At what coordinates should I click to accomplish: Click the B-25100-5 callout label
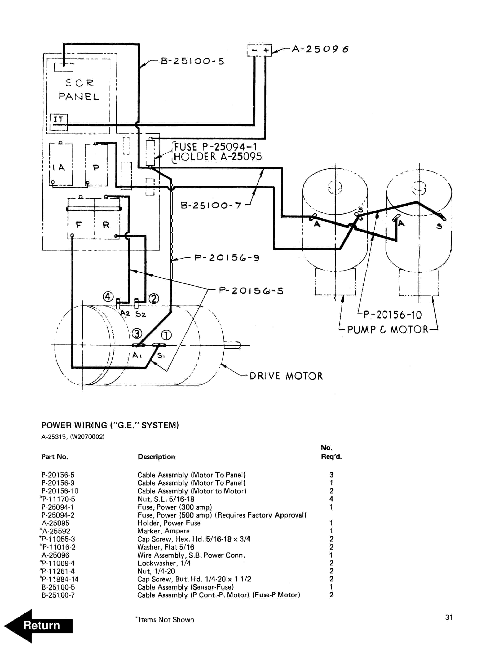(x=192, y=61)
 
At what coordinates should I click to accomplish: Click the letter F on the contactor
(x=79, y=225)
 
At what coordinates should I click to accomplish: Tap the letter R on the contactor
(x=106, y=225)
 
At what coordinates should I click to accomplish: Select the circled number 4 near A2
(x=108, y=296)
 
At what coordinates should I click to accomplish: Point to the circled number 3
(x=137, y=334)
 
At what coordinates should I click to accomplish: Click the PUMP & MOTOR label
(x=388, y=330)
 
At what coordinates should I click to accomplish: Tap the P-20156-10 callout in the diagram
(x=392, y=315)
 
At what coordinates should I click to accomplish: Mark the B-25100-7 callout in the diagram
(x=211, y=205)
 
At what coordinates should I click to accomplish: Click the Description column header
(x=156, y=457)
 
